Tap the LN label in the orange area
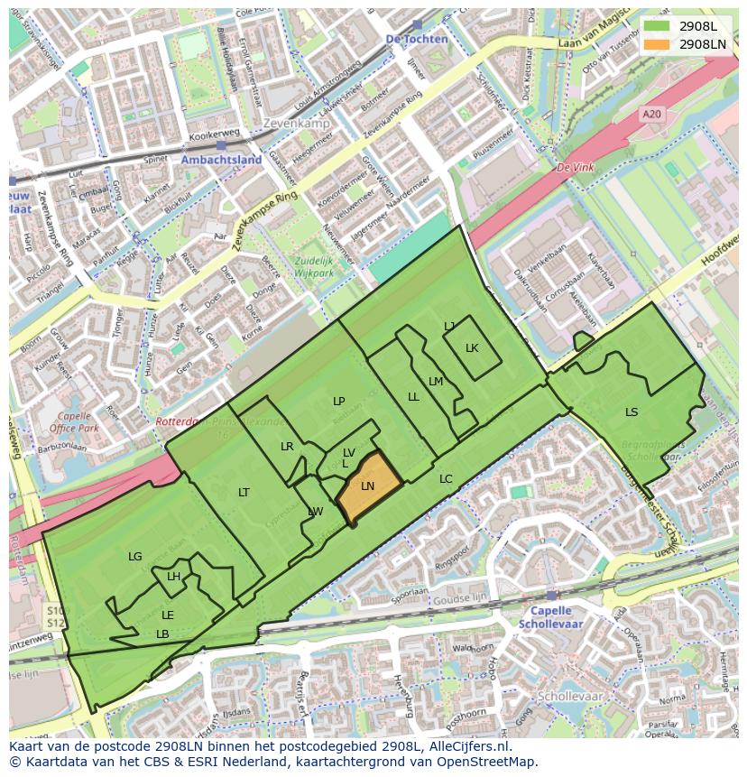click(x=367, y=486)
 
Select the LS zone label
click(x=632, y=412)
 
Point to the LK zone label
click(x=472, y=348)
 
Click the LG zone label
click(x=135, y=557)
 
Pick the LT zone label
click(x=244, y=493)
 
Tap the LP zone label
click(x=338, y=402)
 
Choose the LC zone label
click(x=446, y=479)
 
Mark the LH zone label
click(x=173, y=578)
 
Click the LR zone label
click(x=287, y=447)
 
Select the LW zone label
click(x=315, y=512)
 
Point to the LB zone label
click(x=162, y=634)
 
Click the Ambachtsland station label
click(x=221, y=160)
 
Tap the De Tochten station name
click(x=416, y=40)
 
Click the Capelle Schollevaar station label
click(x=550, y=617)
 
